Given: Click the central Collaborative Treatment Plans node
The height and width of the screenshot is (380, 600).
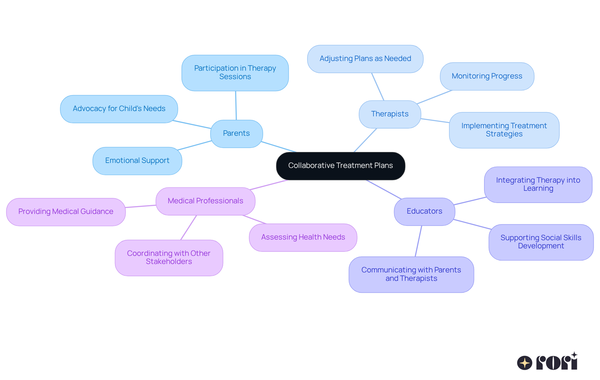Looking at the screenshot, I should pyautogui.click(x=340, y=166).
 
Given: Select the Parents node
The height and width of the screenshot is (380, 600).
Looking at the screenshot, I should pyautogui.click(x=236, y=134).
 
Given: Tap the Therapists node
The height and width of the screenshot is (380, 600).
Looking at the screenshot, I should pyautogui.click(x=390, y=114).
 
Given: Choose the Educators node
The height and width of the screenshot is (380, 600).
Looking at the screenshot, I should pyautogui.click(x=424, y=211).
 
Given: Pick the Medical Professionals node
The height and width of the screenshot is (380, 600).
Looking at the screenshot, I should pyautogui.click(x=205, y=201).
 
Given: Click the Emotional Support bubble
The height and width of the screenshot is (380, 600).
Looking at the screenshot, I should pyautogui.click(x=137, y=161).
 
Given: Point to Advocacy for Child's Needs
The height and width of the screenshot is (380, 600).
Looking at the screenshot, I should pyautogui.click(x=119, y=109).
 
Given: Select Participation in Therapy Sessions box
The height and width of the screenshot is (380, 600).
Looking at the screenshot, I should pyautogui.click(x=235, y=73).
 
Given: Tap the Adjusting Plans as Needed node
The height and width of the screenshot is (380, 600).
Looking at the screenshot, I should pyautogui.click(x=365, y=59).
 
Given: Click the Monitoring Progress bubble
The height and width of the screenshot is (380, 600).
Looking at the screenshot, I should pyautogui.click(x=487, y=76).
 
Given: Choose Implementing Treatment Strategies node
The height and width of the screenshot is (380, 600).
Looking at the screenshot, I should pyautogui.click(x=504, y=130).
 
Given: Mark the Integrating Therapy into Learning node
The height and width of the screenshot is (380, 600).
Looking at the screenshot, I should pyautogui.click(x=538, y=185).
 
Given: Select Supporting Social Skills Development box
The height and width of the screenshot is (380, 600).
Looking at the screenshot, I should pyautogui.click(x=541, y=242).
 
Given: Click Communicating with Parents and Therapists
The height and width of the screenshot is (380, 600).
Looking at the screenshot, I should pyautogui.click(x=411, y=274).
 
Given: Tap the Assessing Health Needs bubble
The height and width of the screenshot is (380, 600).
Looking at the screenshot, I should pyautogui.click(x=303, y=237).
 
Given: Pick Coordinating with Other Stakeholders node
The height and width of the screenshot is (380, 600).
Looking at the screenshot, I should pyautogui.click(x=169, y=258).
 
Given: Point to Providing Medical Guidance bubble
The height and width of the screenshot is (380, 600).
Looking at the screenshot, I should pyautogui.click(x=66, y=212).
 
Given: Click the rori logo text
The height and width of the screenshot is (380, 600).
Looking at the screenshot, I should pyautogui.click(x=557, y=362).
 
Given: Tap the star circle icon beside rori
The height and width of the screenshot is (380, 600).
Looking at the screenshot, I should pyautogui.click(x=524, y=363).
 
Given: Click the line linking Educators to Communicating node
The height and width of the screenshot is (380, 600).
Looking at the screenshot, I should pyautogui.click(x=418, y=241).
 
